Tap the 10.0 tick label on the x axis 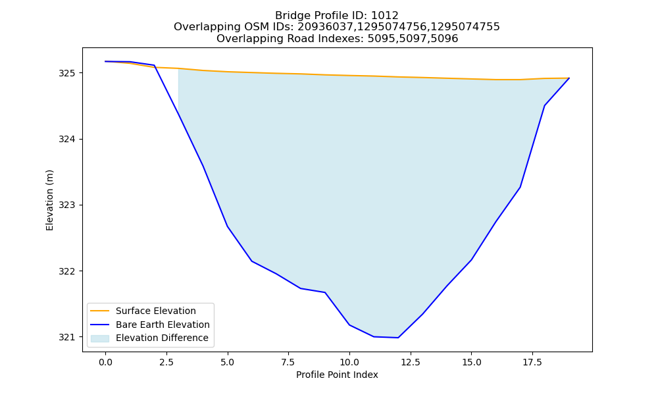(x=349, y=362)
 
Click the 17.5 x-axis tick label (x=532, y=362)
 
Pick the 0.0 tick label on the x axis (x=105, y=362)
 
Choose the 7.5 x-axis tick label (x=288, y=362)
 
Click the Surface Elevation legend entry (x=156, y=311)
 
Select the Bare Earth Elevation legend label (x=163, y=325)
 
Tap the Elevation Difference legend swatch (x=100, y=338)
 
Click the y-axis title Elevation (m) (x=49, y=200)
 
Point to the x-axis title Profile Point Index (x=337, y=375)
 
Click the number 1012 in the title (x=385, y=16)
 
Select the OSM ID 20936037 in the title (x=326, y=27)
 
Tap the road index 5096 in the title (x=444, y=39)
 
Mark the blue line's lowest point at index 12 (x=398, y=338)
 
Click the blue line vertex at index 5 (x=228, y=226)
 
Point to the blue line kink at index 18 (x=544, y=105)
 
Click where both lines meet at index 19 (x=569, y=78)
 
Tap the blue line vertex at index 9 (x=325, y=292)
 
